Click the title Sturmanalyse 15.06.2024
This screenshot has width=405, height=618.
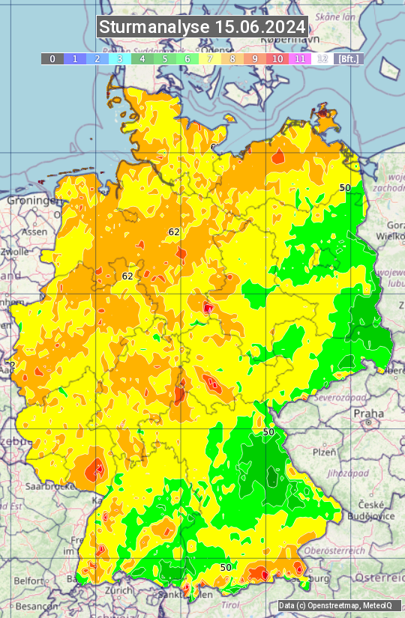click(202, 27)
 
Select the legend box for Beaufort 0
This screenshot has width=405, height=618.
click(52, 58)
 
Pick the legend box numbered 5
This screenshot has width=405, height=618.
click(164, 58)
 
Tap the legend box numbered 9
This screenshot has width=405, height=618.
click(255, 58)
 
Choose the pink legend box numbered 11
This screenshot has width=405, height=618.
click(300, 58)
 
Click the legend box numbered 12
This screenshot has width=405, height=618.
click(322, 58)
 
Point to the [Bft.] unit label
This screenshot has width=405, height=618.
click(348, 58)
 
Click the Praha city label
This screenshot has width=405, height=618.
click(369, 413)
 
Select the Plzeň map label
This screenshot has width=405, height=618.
click(323, 452)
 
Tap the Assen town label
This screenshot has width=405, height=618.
click(33, 232)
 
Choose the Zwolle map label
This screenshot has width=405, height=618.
click(13, 252)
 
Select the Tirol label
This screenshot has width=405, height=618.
click(229, 604)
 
